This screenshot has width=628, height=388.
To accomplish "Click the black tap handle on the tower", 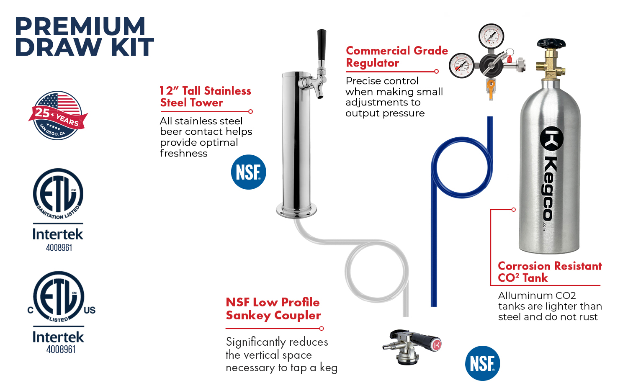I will pyautogui.click(x=321, y=45).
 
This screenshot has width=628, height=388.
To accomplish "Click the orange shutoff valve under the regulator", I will pyautogui.click(x=491, y=88).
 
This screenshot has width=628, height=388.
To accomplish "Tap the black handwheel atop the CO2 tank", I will pyautogui.click(x=551, y=43).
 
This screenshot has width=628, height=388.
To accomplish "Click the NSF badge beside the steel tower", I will pyautogui.click(x=248, y=172).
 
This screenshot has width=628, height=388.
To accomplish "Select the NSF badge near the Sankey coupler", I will pyautogui.click(x=482, y=363).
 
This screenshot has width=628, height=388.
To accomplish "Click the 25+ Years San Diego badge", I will pyautogui.click(x=57, y=116).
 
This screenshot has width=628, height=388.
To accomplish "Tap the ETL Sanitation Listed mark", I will pyautogui.click(x=58, y=194).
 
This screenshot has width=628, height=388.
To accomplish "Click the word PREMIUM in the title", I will pyautogui.click(x=80, y=26).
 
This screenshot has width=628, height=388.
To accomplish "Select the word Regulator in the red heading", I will pyautogui.click(x=372, y=63).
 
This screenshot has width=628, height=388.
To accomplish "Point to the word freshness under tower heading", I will pyautogui.click(x=183, y=153).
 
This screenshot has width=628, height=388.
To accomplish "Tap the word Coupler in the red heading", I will pyautogui.click(x=297, y=316).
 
